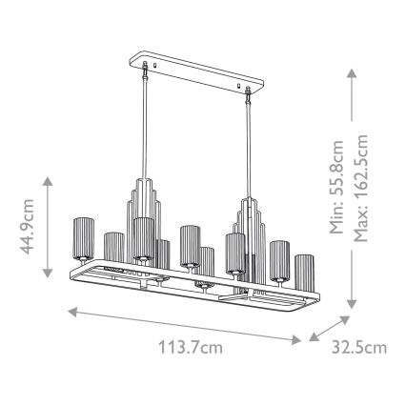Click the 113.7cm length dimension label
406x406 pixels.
point(191,347)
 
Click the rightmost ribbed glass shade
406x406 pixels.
point(305,273)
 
